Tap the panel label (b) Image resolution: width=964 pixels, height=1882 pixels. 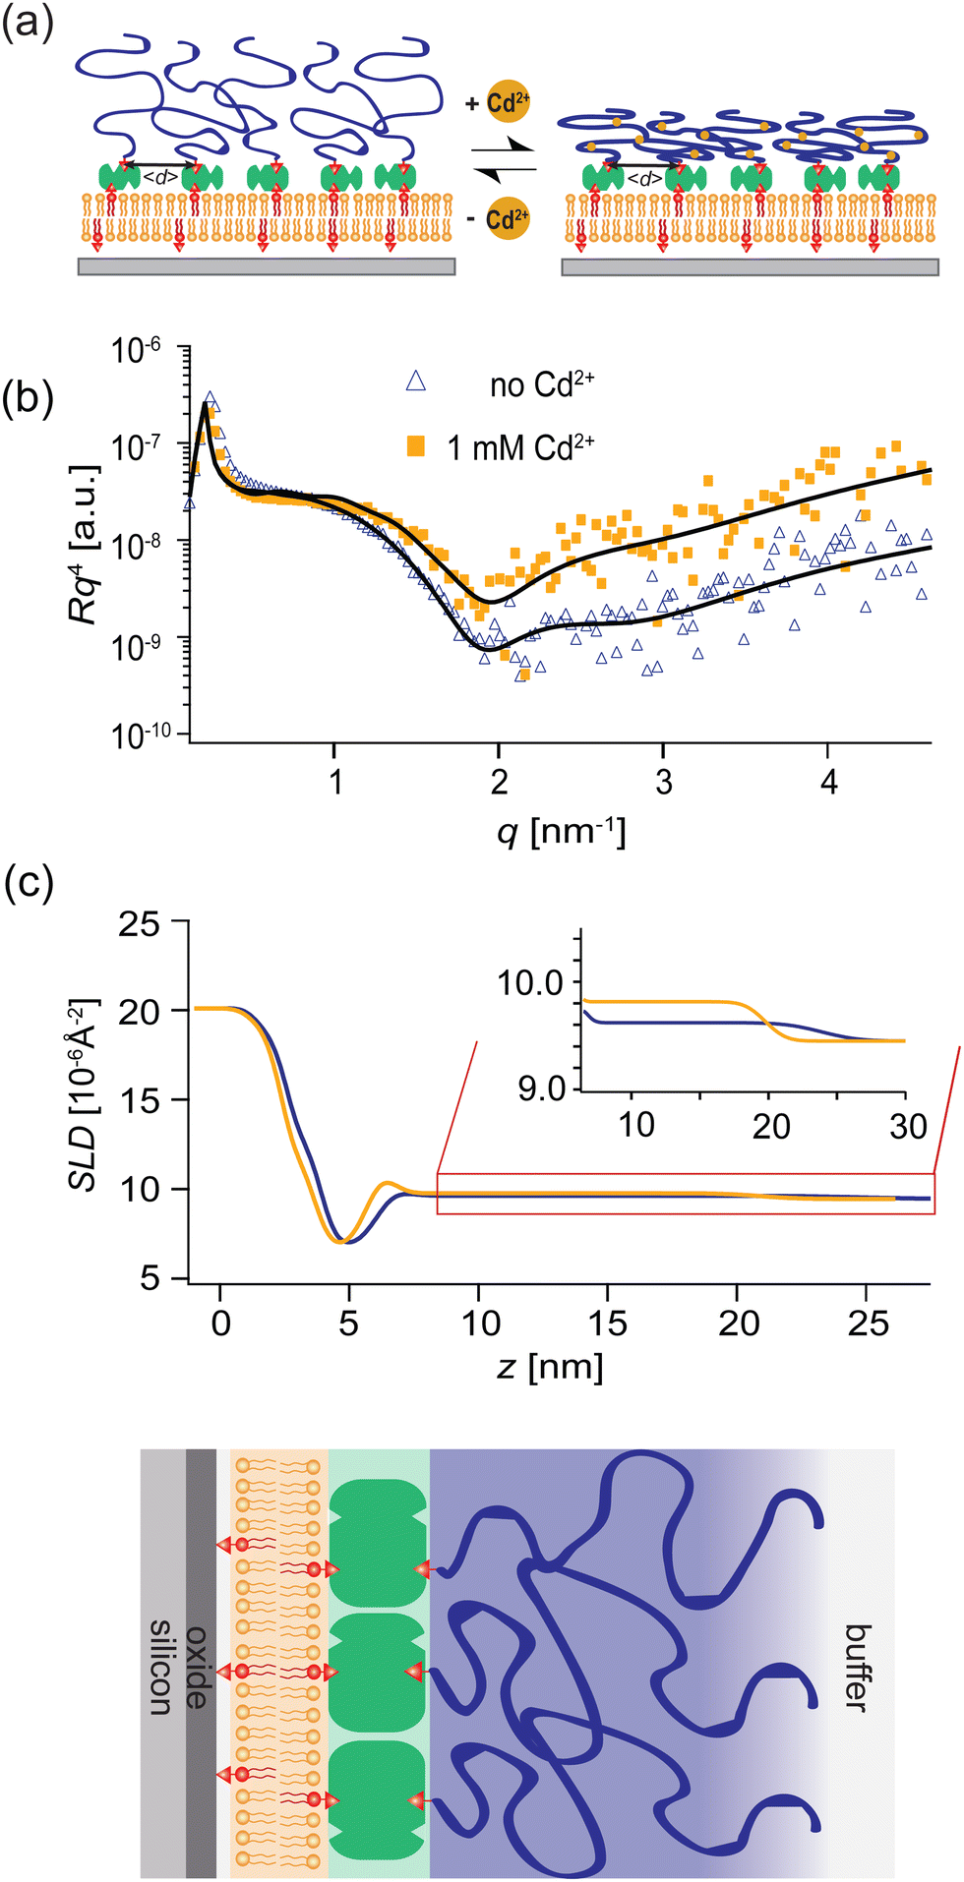coord(28,399)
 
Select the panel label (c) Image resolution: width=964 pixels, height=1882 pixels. coord(28,883)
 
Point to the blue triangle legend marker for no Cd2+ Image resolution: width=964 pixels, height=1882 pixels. coord(416,382)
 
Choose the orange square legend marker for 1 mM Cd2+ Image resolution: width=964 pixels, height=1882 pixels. coord(416,446)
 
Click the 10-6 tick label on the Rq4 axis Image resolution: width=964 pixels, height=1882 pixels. coord(138,349)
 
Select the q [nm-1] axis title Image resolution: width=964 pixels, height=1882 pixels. coord(562,833)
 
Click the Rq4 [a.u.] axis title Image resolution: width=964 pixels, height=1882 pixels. coord(85,542)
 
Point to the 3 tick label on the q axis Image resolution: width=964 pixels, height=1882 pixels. coord(664,783)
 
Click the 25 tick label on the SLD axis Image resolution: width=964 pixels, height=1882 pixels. coord(141,923)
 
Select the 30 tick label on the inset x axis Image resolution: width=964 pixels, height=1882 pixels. coord(908,1126)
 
